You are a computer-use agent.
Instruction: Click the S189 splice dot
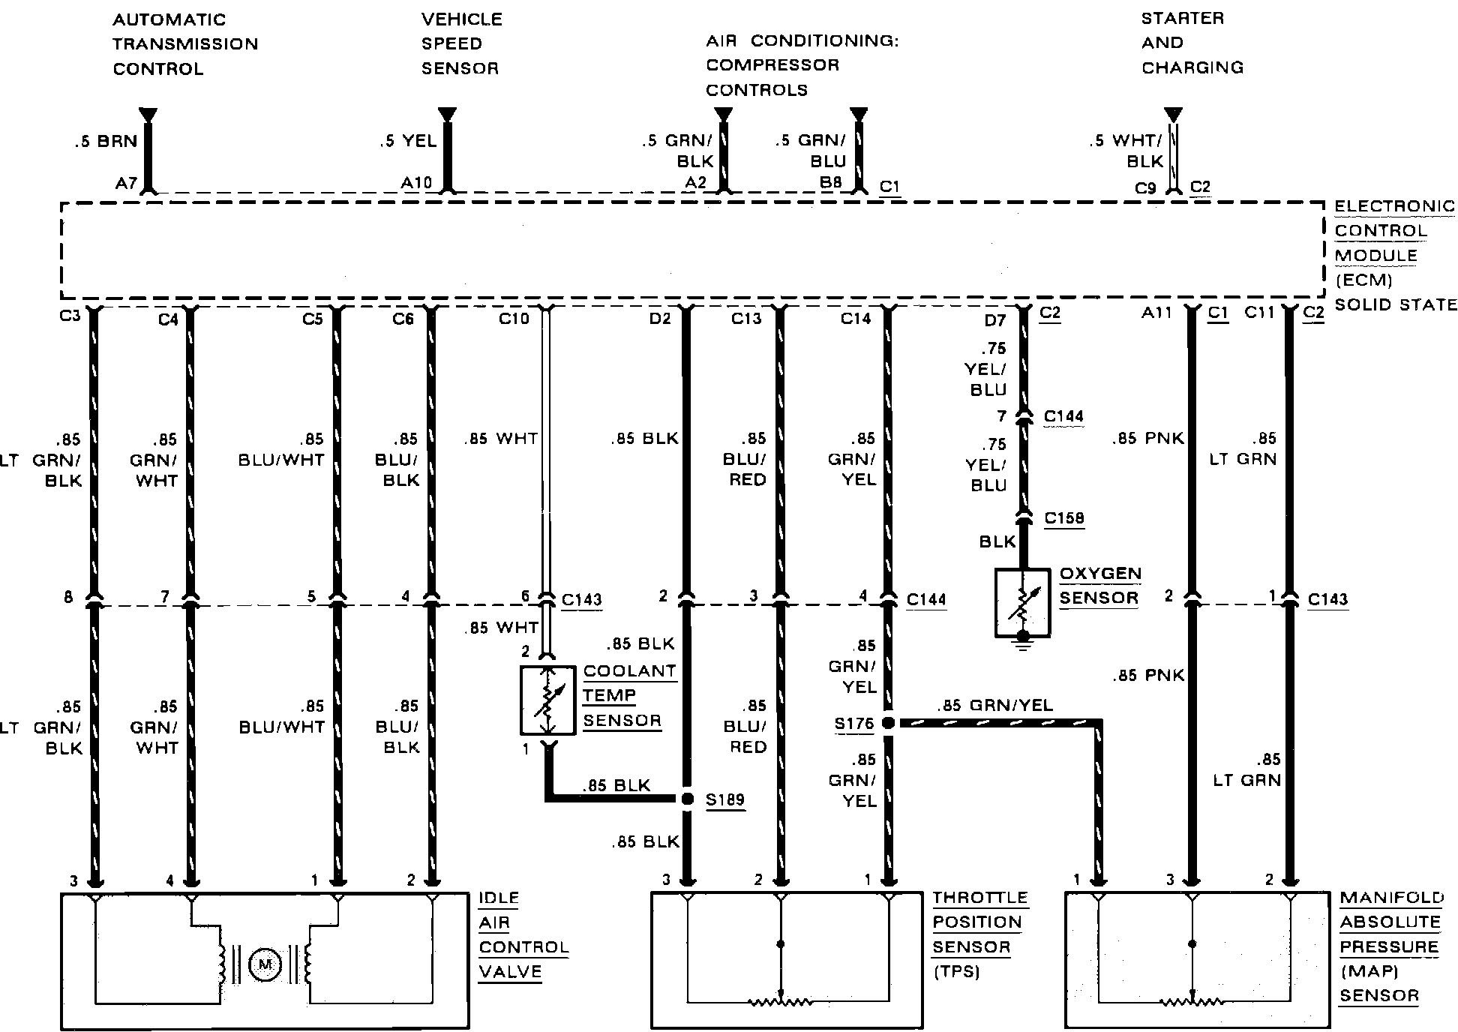point(687,799)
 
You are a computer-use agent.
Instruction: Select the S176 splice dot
point(888,723)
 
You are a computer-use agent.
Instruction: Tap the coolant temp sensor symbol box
point(548,700)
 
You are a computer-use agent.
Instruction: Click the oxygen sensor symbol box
point(1022,603)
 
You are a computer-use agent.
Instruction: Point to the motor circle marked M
point(264,964)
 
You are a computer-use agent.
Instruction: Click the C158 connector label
point(1063,517)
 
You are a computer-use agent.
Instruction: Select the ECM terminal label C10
point(514,319)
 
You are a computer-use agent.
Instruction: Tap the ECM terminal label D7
point(994,321)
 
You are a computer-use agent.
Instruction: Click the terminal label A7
point(126,182)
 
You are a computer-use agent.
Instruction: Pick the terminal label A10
point(416,182)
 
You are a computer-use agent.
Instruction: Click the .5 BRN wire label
point(106,141)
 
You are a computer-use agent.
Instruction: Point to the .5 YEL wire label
point(408,141)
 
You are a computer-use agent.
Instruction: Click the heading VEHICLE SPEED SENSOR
point(461,43)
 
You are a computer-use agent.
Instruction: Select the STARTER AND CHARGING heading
point(1192,43)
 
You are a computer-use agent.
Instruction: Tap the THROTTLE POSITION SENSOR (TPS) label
point(979,934)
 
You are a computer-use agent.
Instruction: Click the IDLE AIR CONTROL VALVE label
point(523,934)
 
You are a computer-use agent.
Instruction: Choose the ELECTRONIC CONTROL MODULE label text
point(1393,243)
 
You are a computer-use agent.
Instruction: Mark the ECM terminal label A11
point(1156,313)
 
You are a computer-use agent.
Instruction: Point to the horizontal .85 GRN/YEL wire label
point(994,706)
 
